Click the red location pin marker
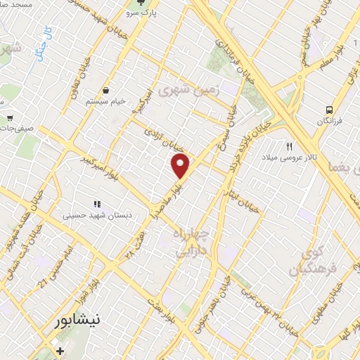click(x=181, y=166)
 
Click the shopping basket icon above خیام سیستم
click(x=106, y=90)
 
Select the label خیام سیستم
click(x=106, y=101)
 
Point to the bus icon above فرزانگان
click(x=329, y=109)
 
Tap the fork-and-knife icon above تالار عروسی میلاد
click(x=289, y=146)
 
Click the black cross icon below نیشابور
click(x=60, y=350)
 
